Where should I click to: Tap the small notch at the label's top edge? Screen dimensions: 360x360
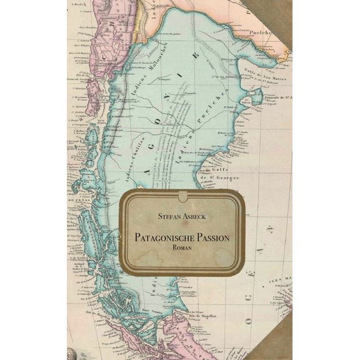point(181,195)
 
